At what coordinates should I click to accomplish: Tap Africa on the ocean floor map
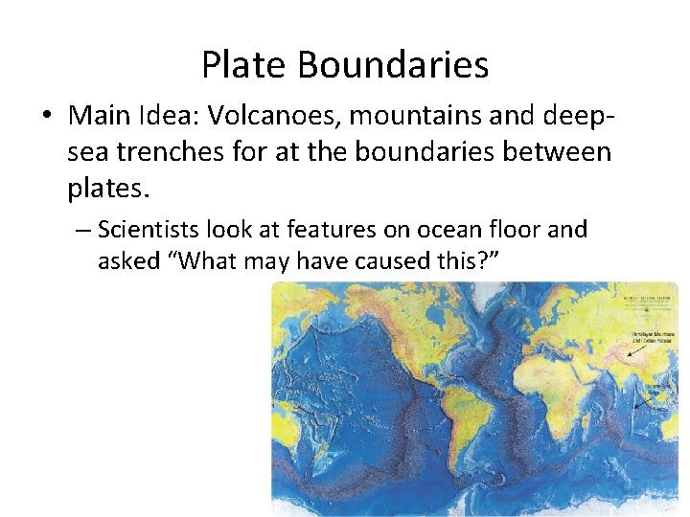point(575,383)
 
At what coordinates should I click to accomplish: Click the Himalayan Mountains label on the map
point(652,335)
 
